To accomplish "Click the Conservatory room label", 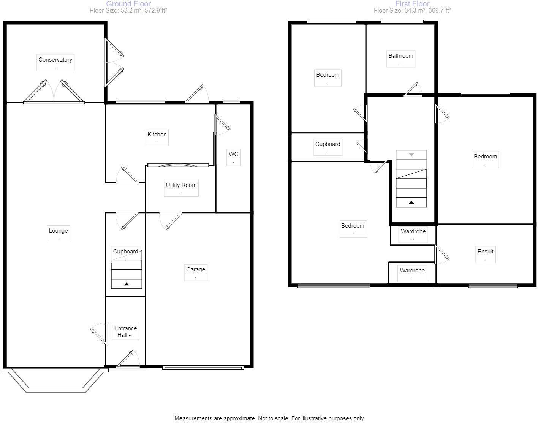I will coord(55,60).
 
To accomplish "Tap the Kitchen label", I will coord(157,135).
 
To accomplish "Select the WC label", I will coord(233,154).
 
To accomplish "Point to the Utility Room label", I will coord(181,185).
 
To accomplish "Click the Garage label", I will coord(196,269).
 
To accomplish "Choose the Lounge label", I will coord(58,231).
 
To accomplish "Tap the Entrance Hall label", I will coord(125,331).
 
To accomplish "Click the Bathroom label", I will coord(400,56).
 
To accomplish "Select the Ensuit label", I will coord(485,252).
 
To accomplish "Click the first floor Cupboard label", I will coord(328,144).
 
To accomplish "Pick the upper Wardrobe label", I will coord(413,231).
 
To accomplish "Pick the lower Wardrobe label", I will coord(412,271).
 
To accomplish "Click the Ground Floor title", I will coord(128,4).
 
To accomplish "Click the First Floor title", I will coord(412,4).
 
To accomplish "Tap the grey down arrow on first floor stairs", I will coord(411,155).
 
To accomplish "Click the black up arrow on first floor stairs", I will coord(411,202).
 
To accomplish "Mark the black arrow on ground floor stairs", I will coord(127,284).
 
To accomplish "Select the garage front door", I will coord(203,368).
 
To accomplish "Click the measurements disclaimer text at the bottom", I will coord(269,418).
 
